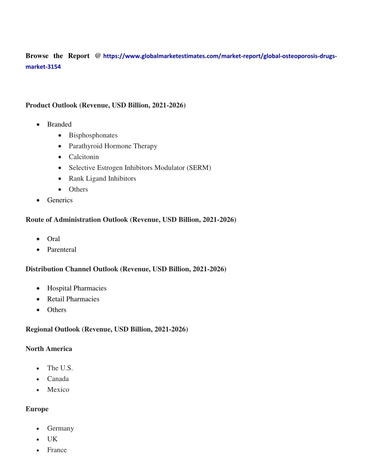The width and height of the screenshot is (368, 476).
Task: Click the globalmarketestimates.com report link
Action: [x=220, y=56]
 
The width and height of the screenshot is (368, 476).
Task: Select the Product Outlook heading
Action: [x=105, y=105]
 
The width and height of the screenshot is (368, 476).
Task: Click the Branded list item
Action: [x=59, y=124]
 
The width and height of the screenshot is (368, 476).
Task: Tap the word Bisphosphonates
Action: [x=93, y=135]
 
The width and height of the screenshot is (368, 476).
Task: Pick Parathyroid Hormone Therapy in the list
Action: [x=113, y=146]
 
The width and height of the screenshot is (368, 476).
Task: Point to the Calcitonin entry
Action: [x=84, y=157]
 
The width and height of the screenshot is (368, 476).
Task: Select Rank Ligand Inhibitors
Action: [x=102, y=179]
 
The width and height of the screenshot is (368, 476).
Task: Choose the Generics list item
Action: [x=60, y=200]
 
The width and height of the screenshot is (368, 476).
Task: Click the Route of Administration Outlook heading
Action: [x=131, y=219]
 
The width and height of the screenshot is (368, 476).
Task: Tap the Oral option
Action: [x=54, y=239]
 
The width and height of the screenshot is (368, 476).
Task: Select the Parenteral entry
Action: [x=61, y=250]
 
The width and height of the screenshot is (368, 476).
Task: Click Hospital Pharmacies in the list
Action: [x=77, y=288]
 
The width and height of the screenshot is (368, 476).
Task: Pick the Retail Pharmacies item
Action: [x=73, y=299]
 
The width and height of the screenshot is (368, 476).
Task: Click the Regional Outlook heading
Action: [x=107, y=329]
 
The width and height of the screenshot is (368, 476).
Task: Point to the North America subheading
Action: [x=49, y=349]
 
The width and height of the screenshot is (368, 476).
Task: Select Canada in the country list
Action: [x=58, y=379]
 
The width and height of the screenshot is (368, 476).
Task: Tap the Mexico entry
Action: [x=58, y=389]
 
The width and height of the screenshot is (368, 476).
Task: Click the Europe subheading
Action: [x=37, y=409]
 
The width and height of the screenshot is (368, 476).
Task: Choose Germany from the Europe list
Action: [x=60, y=428]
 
